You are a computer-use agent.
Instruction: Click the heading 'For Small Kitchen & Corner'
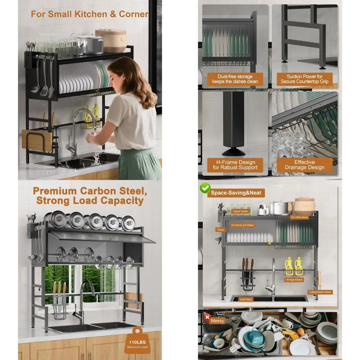click(x=89, y=14)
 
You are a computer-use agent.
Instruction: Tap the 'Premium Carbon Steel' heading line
click(x=90, y=190)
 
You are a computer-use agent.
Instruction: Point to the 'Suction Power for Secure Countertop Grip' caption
click(x=305, y=79)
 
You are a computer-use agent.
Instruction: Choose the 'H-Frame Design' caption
click(x=235, y=165)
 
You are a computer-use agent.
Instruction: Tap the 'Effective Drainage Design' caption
click(x=305, y=165)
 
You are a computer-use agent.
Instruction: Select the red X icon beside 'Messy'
click(x=207, y=317)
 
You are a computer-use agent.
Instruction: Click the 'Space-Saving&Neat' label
click(x=236, y=193)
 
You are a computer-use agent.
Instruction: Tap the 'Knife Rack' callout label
click(x=246, y=299)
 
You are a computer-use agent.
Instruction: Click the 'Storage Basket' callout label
click(x=294, y=280)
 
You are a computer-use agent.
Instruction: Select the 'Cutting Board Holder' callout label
click(x=320, y=292)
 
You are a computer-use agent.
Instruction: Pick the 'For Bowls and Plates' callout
click(x=242, y=225)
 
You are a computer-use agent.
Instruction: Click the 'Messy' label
click(x=217, y=320)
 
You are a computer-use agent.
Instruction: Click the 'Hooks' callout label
click(x=220, y=229)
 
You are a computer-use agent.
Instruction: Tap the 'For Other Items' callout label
click(x=300, y=217)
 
